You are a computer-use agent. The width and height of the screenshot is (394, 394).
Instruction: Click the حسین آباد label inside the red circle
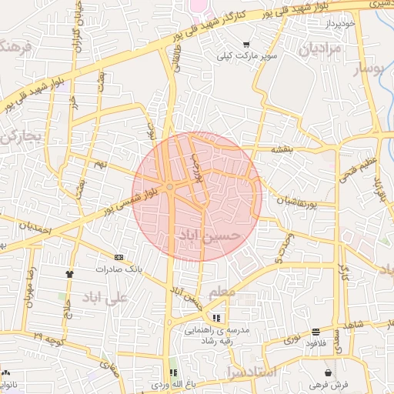pos(209,235)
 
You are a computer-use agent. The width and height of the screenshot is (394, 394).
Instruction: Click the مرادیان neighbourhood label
pos(312,50)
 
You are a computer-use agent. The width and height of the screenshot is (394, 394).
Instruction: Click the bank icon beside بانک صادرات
pos(119,257)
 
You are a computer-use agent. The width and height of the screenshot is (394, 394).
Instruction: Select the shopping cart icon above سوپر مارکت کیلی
pos(246,45)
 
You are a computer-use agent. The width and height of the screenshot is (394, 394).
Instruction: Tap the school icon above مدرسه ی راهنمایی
pos(216,317)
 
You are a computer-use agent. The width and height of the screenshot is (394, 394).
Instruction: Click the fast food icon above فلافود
pos(316,332)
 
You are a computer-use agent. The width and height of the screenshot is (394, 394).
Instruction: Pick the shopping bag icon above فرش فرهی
pos(329,372)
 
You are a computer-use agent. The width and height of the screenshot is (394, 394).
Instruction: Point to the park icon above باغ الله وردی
pos(172,372)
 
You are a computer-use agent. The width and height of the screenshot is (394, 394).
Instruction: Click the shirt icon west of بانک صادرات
pos(71,272)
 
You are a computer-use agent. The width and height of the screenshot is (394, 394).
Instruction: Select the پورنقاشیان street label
pos(295,203)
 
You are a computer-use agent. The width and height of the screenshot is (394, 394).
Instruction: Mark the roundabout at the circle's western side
pos(169,185)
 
